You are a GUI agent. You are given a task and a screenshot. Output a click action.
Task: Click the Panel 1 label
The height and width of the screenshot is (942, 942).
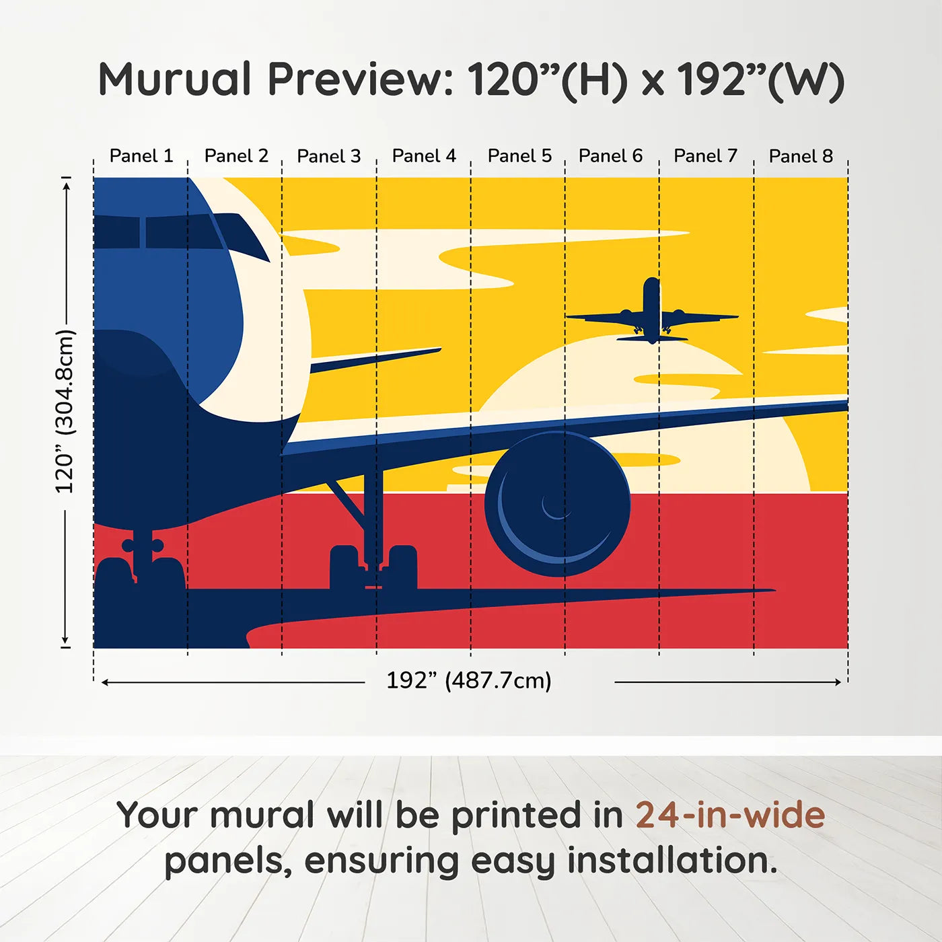point(141,156)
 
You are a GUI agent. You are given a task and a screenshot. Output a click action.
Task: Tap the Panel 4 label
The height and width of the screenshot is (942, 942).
point(424,156)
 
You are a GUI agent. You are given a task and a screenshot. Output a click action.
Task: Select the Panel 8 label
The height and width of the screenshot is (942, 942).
point(801,156)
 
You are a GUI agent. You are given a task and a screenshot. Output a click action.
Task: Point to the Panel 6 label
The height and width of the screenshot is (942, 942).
point(610,156)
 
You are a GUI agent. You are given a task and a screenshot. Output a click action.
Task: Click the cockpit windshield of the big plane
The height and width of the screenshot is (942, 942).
point(161,232)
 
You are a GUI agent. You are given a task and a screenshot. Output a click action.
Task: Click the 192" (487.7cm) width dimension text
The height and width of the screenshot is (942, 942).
point(468,681)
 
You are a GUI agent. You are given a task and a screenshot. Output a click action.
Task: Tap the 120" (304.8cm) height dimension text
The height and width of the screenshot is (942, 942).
point(65,412)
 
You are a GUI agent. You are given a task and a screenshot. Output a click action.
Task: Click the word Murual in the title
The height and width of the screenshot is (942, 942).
point(175,79)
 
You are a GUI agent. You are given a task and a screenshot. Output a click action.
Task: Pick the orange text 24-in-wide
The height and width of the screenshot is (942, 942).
point(730,816)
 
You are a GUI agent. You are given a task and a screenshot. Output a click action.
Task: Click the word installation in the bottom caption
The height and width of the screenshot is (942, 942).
point(672,861)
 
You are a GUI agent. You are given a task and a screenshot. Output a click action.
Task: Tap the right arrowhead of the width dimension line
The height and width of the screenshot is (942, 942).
point(838,682)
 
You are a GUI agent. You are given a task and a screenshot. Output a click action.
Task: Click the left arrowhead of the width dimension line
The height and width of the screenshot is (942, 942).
point(105,682)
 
